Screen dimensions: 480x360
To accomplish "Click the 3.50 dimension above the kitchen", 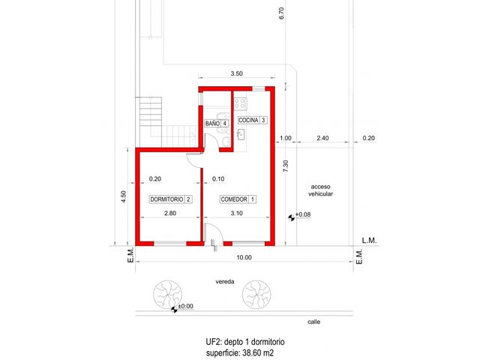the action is pyautogui.click(x=237, y=73).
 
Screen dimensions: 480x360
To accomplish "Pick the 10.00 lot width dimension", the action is pyautogui.click(x=244, y=257).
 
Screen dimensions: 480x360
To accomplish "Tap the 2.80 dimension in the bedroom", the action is pyautogui.click(x=170, y=213).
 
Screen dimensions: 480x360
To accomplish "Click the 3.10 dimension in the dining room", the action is pyautogui.click(x=237, y=213).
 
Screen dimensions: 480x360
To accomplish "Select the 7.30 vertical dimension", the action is pyautogui.click(x=285, y=166).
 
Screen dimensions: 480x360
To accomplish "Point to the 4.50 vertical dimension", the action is pyautogui.click(x=123, y=196).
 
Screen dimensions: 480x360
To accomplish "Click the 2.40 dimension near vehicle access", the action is pyautogui.click(x=322, y=138).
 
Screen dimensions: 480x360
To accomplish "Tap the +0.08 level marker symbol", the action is pyautogui.click(x=292, y=217).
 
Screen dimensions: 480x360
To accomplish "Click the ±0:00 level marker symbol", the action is pyautogui.click(x=174, y=310).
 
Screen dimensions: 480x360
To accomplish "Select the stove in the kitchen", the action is pyautogui.click(x=241, y=103).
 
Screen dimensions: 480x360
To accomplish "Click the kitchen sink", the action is pyautogui.click(x=241, y=134).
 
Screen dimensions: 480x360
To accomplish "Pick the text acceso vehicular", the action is pyautogui.click(x=320, y=190).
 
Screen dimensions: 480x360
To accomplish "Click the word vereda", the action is pyautogui.click(x=225, y=282).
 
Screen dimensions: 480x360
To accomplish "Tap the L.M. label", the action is pyautogui.click(x=369, y=240).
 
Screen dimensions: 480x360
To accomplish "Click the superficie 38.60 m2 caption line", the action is pyautogui.click(x=240, y=352).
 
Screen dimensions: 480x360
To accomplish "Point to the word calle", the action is pyautogui.click(x=314, y=322).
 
